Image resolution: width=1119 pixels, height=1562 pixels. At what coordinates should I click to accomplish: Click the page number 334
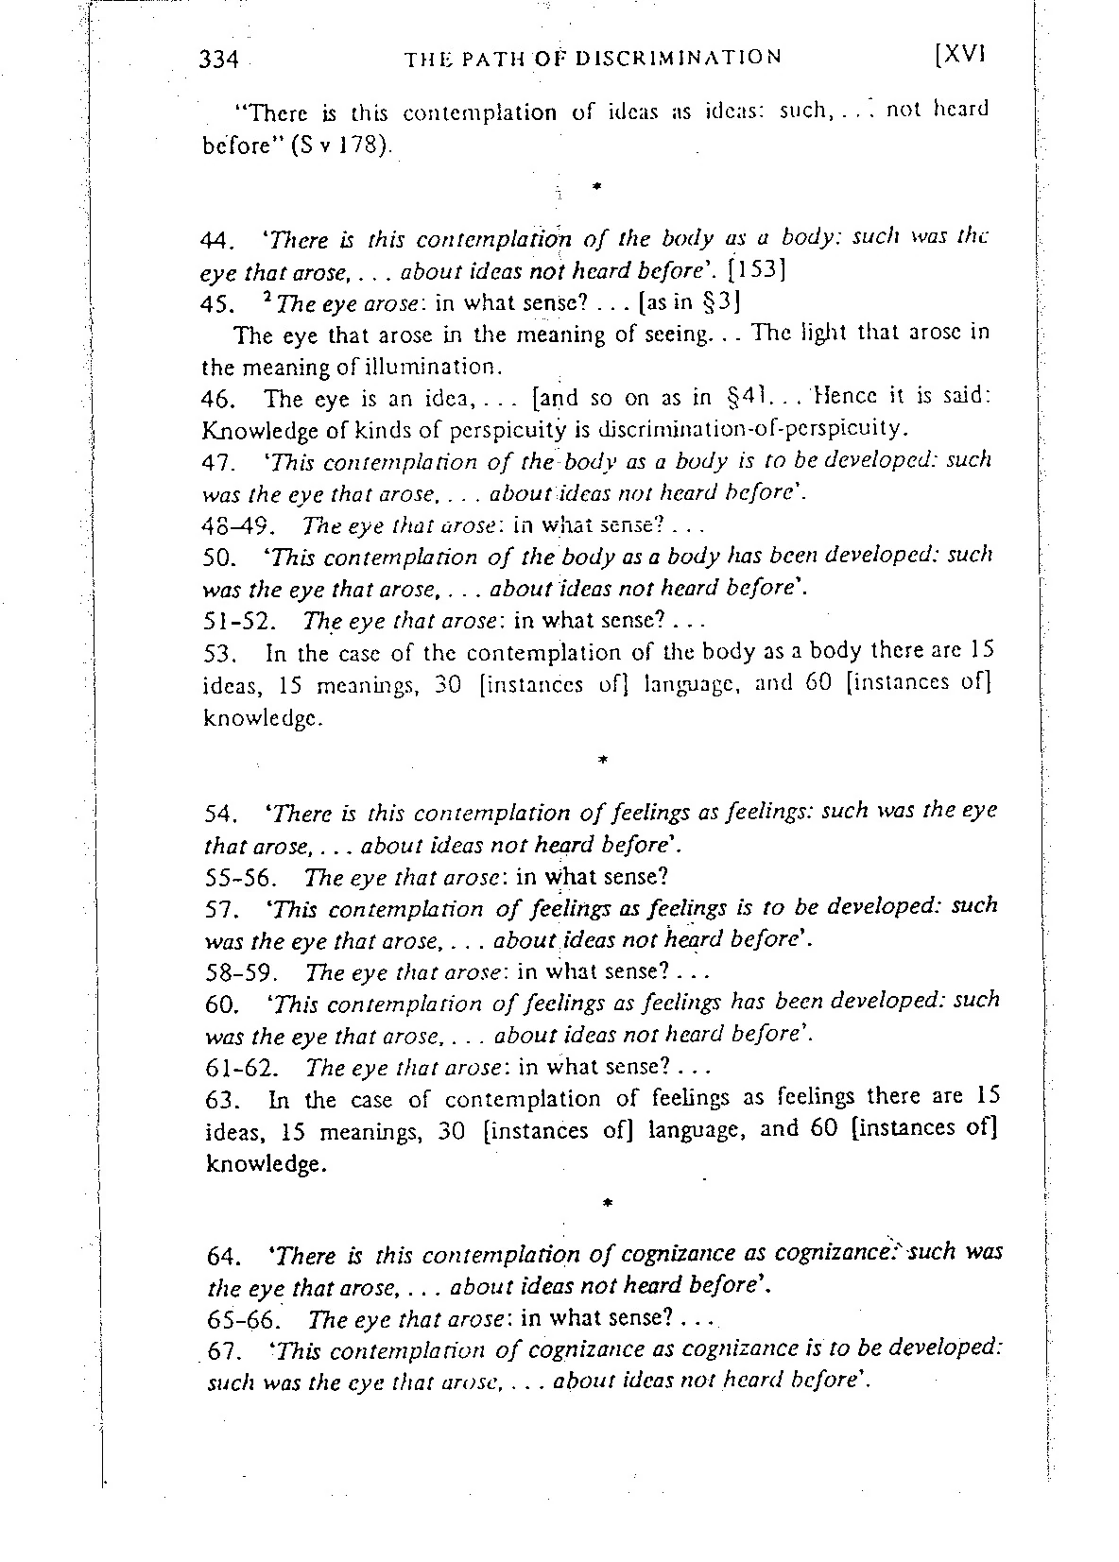pyautogui.click(x=218, y=59)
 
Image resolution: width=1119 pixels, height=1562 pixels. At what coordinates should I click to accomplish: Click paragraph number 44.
pyautogui.click(x=218, y=240)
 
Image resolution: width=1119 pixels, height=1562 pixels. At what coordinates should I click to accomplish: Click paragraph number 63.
pyautogui.click(x=220, y=1099)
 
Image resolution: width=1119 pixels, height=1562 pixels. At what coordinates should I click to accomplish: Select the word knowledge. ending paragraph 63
pyautogui.click(x=267, y=1164)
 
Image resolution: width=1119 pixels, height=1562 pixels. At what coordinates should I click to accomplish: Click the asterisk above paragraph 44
pyautogui.click(x=597, y=187)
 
